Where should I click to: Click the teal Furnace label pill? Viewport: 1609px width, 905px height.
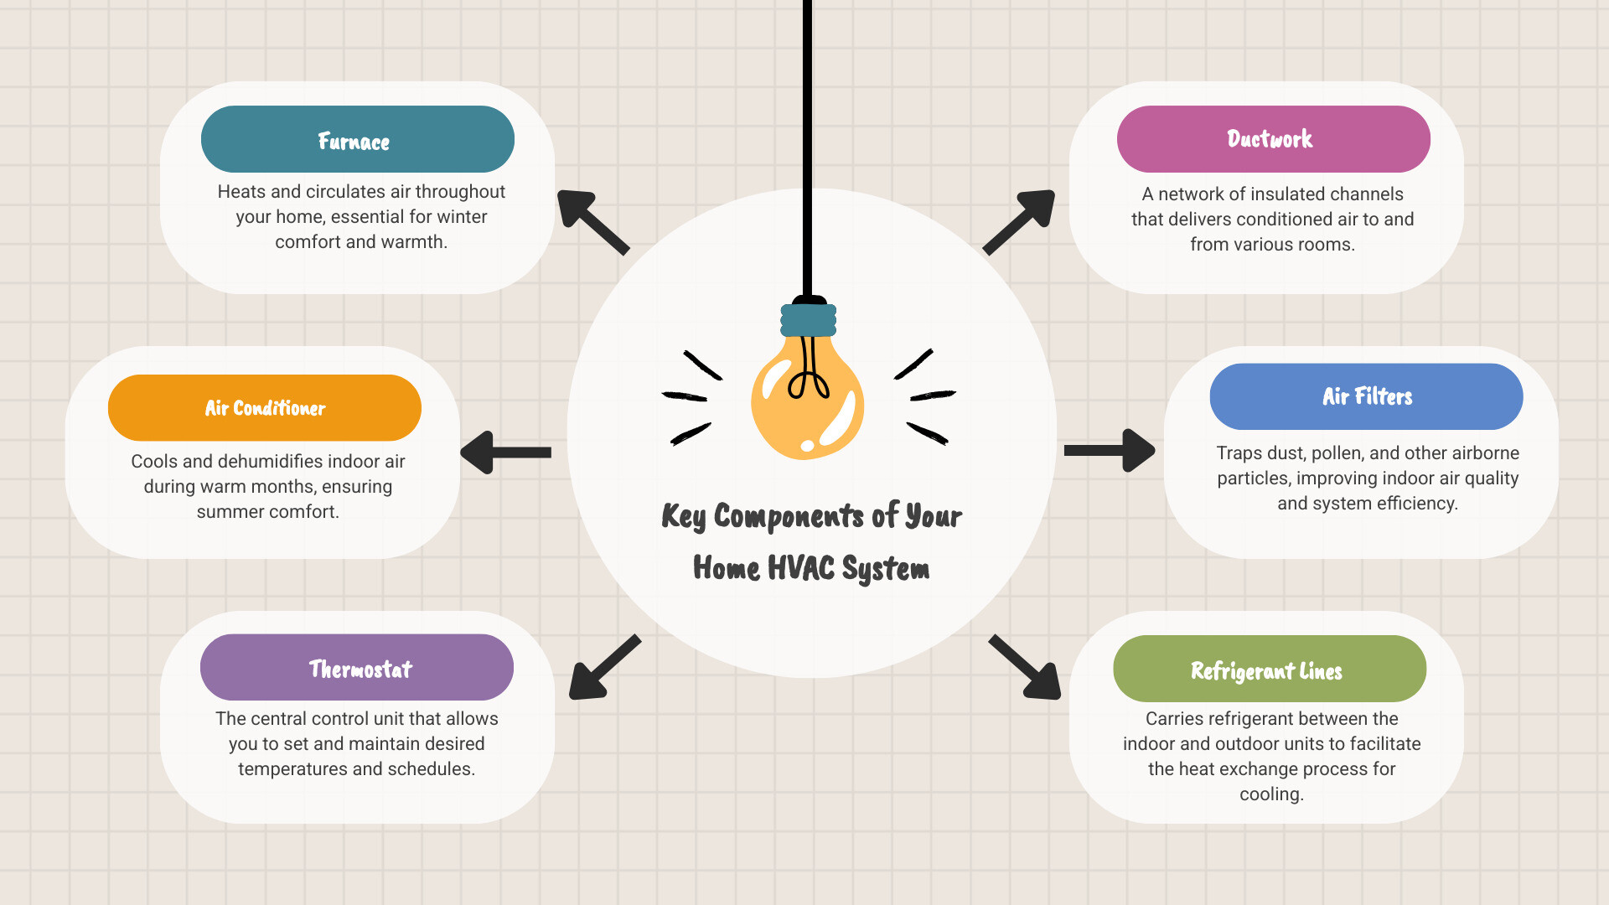coord(357,139)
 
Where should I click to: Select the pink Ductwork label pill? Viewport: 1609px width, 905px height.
coord(1273,139)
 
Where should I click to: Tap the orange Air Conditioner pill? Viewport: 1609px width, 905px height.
coord(265,408)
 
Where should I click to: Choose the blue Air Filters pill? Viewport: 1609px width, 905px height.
coord(1366,396)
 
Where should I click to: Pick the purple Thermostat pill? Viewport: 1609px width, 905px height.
coord(357,668)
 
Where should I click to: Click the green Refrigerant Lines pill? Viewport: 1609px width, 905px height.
coord(1269,669)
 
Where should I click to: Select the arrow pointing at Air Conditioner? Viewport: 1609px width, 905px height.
coord(504,452)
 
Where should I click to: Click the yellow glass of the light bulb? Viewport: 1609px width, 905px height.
coord(806,402)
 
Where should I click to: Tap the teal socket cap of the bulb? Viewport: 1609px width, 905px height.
coord(808,320)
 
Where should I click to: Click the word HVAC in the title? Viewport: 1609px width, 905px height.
coord(800,568)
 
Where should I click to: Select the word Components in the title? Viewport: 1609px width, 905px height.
coord(789,516)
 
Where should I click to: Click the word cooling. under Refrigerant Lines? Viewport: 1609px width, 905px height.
coord(1271,794)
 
